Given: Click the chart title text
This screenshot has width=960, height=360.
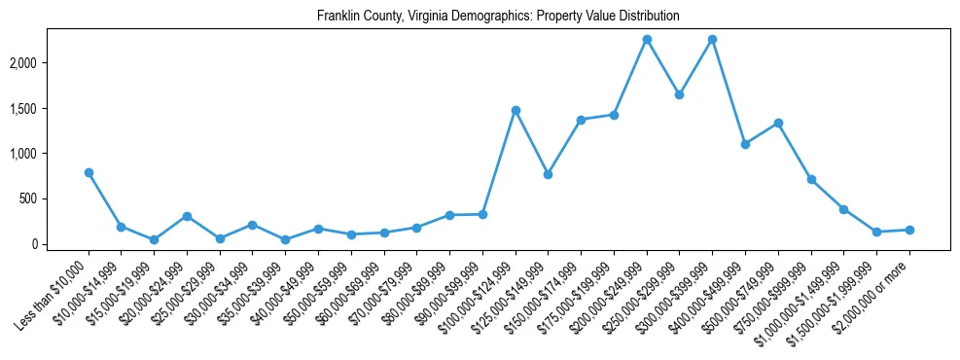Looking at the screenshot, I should tap(498, 17).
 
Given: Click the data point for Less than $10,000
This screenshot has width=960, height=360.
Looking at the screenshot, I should tap(89, 172).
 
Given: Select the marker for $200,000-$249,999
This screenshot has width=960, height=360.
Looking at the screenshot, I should tap(647, 39).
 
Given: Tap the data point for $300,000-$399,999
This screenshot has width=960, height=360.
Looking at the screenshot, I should tap(713, 39).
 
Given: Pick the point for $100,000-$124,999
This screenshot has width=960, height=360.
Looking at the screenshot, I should tap(516, 110).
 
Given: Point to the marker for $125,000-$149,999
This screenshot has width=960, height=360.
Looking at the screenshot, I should tap(549, 174).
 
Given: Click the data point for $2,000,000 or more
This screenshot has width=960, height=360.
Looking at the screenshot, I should tap(909, 230).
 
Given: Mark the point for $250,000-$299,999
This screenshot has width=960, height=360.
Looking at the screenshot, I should tap(680, 94).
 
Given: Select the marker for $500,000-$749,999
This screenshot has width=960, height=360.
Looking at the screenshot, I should tap(778, 123).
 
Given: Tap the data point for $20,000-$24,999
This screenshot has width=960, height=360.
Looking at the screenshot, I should tap(187, 216).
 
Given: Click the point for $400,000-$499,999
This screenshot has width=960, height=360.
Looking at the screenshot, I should tap(745, 144).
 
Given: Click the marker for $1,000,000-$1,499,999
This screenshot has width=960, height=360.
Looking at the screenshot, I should tap(844, 209).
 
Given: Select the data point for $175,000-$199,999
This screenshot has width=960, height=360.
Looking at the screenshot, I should tap(614, 115).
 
